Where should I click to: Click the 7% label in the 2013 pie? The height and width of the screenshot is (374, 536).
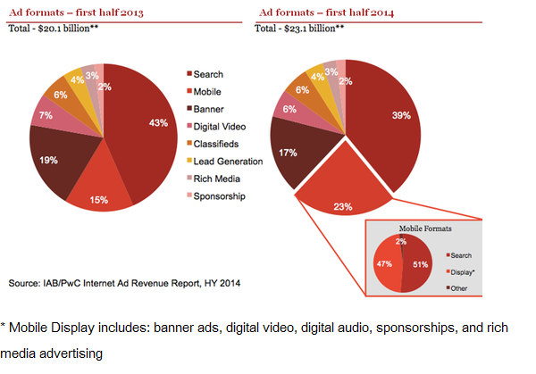coord(44,115)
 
